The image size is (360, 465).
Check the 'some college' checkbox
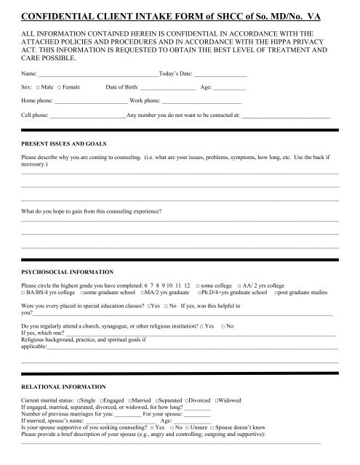(199, 284)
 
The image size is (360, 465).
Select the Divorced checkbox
(187, 401)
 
